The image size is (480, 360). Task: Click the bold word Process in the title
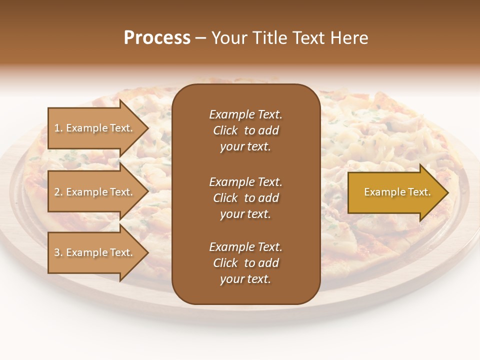(157, 38)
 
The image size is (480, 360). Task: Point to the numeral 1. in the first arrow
(58, 128)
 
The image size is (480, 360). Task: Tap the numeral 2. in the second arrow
(58, 192)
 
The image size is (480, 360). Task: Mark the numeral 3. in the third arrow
(58, 252)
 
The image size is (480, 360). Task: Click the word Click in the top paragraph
(225, 131)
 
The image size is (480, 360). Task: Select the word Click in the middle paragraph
(225, 198)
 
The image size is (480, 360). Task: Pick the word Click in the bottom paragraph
(225, 263)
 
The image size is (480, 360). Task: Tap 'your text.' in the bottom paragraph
(245, 279)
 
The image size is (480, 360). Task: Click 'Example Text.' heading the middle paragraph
(245, 182)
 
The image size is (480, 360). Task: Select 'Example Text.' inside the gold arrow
(397, 192)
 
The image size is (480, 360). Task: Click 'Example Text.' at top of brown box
(245, 114)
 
